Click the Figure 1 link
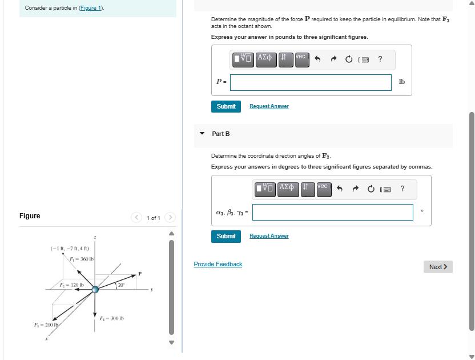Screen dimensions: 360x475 coord(91,8)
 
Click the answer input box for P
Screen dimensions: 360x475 coord(311,82)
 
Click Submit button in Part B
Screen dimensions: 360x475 coord(226,236)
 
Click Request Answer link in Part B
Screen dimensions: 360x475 coord(269,236)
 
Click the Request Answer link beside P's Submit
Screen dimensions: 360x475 coord(269,106)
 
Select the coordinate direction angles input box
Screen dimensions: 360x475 coord(333,212)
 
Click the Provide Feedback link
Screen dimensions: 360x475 coord(218,264)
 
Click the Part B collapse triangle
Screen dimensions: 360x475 coord(202,134)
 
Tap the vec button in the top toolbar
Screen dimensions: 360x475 coord(301,57)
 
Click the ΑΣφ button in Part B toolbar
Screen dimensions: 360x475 coord(288,187)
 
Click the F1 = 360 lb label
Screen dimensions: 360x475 coord(82,259)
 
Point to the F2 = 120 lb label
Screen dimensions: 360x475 coord(72,285)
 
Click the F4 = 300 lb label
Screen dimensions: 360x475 coord(112,318)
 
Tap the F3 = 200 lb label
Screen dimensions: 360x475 coord(46,325)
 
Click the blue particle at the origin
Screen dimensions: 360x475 coord(95,290)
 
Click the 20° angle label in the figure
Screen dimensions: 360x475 coord(121,284)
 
